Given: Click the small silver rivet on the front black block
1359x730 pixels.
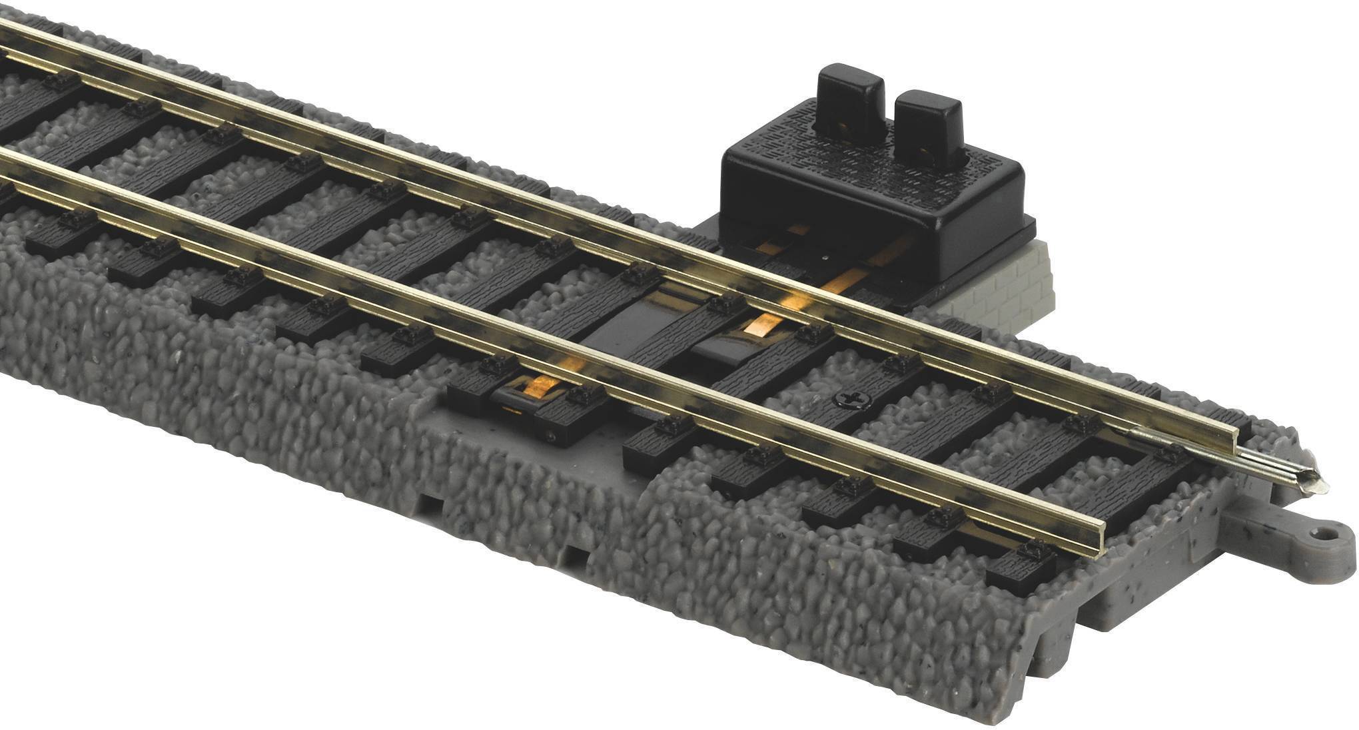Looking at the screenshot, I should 552,437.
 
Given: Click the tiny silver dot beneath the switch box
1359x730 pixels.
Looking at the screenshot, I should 825,254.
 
